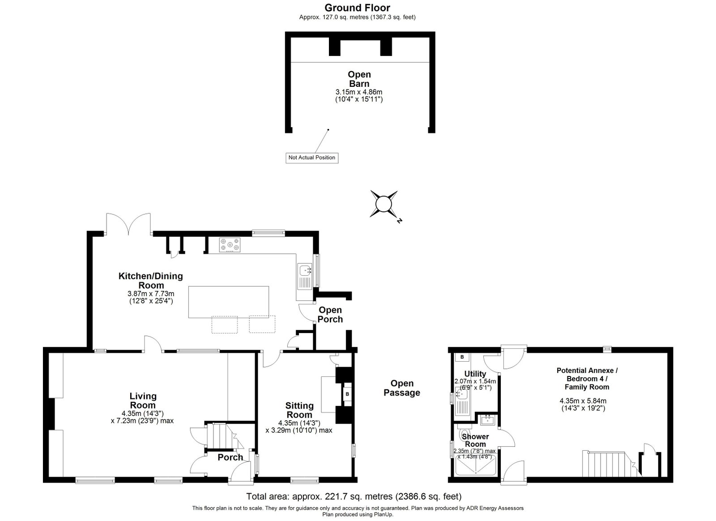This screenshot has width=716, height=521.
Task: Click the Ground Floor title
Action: pos(358,8)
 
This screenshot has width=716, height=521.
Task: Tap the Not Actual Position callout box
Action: pos(311,158)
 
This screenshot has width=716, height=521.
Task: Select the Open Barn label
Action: pos(359,79)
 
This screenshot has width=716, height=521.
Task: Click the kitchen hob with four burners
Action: pos(230,245)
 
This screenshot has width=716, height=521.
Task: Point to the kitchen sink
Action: pos(305,274)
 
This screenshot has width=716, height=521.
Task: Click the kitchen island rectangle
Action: pos(229,302)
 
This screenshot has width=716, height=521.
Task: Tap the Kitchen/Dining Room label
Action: pos(150,280)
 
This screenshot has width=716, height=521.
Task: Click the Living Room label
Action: pos(143,401)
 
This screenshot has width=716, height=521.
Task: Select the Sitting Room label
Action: pos(299,410)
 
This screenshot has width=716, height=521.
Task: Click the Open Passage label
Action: pos(402,388)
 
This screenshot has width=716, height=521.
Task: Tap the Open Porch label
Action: pos(330,315)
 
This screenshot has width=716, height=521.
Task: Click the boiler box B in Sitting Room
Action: pos(347,394)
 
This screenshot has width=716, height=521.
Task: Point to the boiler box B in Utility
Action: pos(462,357)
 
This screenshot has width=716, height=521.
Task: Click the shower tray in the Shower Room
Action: pos(475,465)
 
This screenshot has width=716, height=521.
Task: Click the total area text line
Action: pos(354,496)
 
